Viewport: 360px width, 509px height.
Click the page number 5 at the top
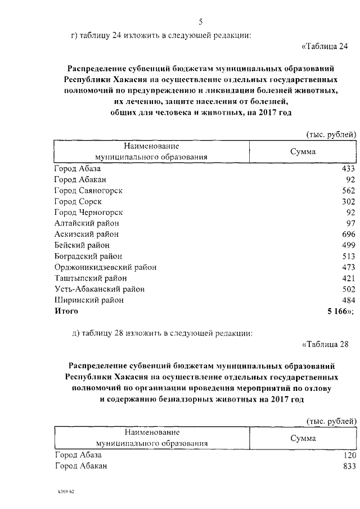click(200, 22)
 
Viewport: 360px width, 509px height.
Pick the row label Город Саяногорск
click(88, 190)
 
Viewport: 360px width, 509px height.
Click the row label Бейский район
click(82, 245)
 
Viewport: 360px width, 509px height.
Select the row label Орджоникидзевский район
click(105, 267)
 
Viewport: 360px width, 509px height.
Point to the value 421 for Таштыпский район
click(349, 278)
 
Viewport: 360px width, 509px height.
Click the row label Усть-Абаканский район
click(99, 289)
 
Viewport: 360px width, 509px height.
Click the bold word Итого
click(66, 310)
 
